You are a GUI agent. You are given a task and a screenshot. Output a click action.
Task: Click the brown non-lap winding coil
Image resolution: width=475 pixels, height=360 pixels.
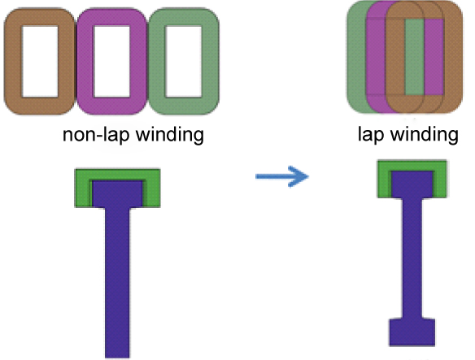coord(13,62)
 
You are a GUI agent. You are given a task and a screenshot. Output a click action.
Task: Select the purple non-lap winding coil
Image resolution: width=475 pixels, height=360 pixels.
coord(85,62)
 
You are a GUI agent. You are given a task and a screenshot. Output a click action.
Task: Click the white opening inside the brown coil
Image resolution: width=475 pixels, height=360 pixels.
coord(40,62)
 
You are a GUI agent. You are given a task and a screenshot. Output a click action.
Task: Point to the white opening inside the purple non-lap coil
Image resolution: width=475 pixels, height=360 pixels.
coord(111,62)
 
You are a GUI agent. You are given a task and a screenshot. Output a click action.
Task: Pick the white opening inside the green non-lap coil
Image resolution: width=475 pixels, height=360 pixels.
coord(183,62)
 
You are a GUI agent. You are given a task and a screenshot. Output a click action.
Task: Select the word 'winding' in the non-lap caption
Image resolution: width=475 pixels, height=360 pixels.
coord(170,135)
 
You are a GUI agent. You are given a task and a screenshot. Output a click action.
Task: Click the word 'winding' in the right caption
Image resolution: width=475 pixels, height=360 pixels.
coord(425,135)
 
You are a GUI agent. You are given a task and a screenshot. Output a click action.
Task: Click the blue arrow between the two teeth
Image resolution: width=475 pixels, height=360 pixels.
coord(282,176)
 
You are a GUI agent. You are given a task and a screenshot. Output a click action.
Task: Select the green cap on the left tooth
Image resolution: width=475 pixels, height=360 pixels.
coord(82,188)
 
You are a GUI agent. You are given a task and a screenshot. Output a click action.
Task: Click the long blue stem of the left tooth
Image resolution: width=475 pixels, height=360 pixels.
coord(117,283)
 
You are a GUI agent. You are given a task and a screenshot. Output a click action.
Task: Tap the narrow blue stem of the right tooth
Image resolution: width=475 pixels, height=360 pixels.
coord(412,258)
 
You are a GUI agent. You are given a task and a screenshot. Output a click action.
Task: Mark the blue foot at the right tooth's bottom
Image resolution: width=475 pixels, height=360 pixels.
coord(412,332)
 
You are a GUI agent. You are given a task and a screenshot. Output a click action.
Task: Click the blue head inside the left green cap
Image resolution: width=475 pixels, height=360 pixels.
coord(117,194)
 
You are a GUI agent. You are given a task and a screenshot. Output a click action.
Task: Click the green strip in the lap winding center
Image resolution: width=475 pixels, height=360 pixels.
coord(415,57)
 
